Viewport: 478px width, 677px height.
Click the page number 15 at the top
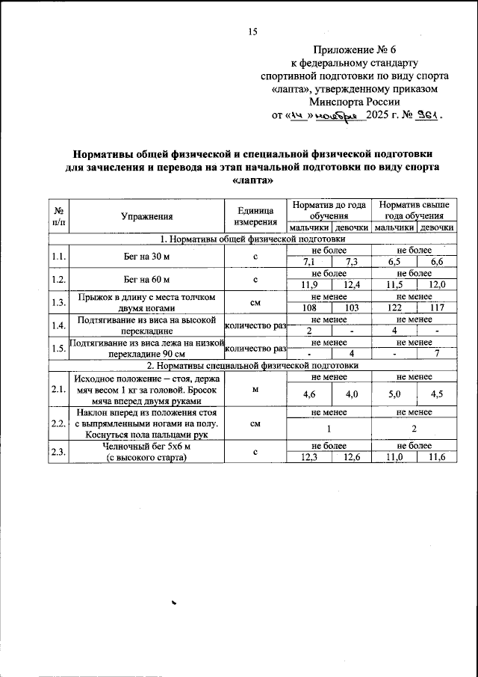coord(252,31)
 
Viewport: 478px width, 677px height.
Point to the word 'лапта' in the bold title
coord(252,180)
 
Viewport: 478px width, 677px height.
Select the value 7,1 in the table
coord(308,262)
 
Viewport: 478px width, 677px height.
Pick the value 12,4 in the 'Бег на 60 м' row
coord(350,285)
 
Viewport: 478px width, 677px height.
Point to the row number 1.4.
coord(58,325)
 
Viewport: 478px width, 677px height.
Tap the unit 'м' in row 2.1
coord(255,389)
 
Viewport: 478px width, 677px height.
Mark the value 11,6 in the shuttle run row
coord(436,458)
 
